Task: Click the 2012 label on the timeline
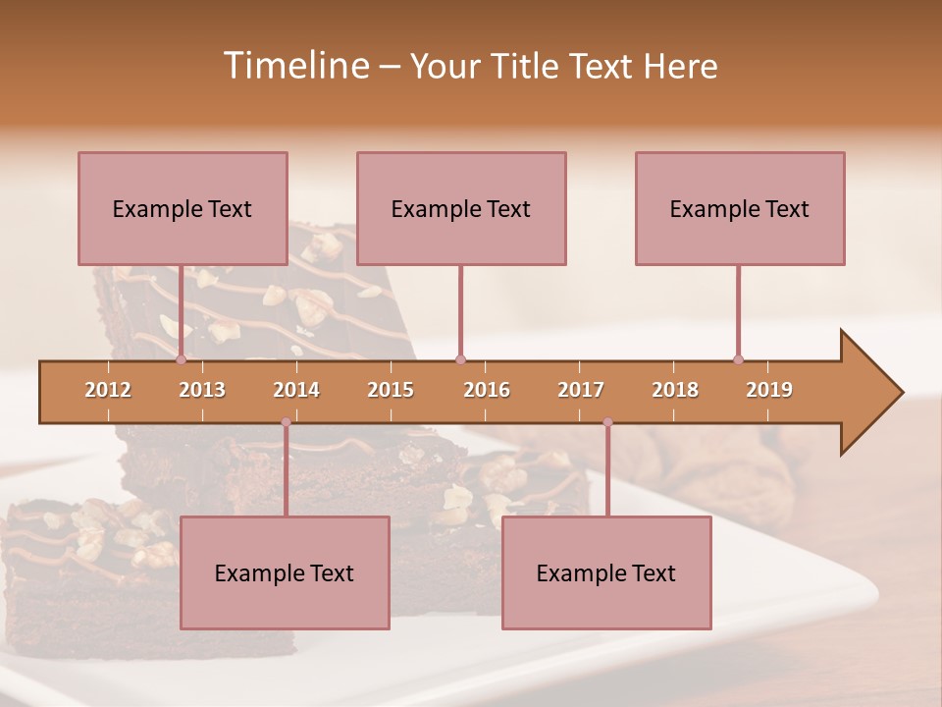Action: [108, 390]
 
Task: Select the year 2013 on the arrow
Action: [202, 390]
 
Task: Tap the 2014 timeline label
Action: [296, 390]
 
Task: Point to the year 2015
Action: [391, 390]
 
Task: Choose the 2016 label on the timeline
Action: [487, 390]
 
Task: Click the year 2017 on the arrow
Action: [581, 390]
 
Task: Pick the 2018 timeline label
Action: [675, 390]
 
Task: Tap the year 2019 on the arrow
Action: [769, 390]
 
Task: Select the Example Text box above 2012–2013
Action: [183, 208]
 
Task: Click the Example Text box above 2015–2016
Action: [461, 208]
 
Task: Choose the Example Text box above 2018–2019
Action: [740, 208]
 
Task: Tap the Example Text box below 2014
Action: [285, 572]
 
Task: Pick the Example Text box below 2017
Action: [606, 572]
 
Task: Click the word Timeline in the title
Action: [294, 66]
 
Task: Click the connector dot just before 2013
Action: [182, 360]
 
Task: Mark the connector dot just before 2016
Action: [461, 360]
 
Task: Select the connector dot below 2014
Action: [286, 422]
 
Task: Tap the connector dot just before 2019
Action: [739, 360]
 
